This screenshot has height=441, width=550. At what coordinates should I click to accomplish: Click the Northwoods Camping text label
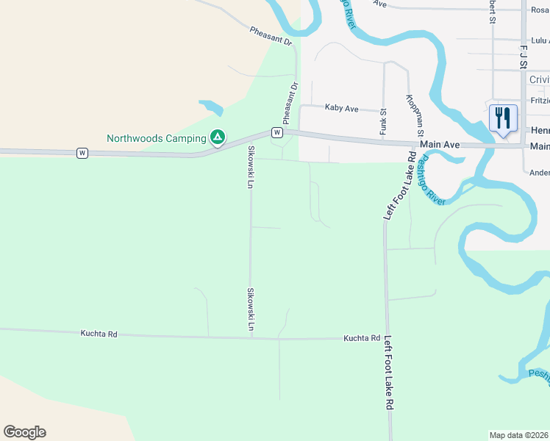(x=156, y=138)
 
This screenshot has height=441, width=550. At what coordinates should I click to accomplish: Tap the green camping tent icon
(x=218, y=137)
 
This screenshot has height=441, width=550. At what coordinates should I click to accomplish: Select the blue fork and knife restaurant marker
(x=503, y=119)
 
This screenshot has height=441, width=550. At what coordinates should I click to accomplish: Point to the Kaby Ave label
(x=342, y=108)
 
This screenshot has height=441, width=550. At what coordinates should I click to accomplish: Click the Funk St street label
(x=383, y=121)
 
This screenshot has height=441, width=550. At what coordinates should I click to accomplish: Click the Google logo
(x=24, y=432)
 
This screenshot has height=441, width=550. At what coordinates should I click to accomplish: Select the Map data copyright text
(x=519, y=434)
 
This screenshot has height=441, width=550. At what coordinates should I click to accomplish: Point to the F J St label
(x=524, y=57)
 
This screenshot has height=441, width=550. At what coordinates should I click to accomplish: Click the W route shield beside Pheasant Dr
(x=276, y=132)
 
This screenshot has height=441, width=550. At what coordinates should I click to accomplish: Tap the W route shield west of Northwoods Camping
(x=82, y=153)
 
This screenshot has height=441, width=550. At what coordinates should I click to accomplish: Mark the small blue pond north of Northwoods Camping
(x=210, y=107)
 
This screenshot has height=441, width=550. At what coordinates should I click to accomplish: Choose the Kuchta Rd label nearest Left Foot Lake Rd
(x=361, y=339)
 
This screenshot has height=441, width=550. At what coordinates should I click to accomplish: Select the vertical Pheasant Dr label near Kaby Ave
(x=290, y=104)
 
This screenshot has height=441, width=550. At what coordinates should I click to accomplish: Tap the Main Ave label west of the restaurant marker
(x=440, y=146)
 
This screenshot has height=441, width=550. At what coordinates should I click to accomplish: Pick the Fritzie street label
(x=540, y=100)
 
